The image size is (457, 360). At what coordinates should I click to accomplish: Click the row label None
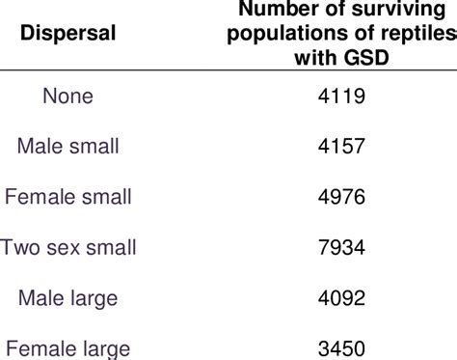pos(68,97)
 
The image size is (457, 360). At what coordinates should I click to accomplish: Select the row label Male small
pos(68,147)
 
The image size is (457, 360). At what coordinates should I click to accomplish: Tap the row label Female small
pos(68,197)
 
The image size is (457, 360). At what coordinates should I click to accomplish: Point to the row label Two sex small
pos(68,247)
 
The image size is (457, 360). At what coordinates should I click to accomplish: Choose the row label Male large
pos(68,297)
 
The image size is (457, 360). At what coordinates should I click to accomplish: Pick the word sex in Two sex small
pos(67,247)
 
